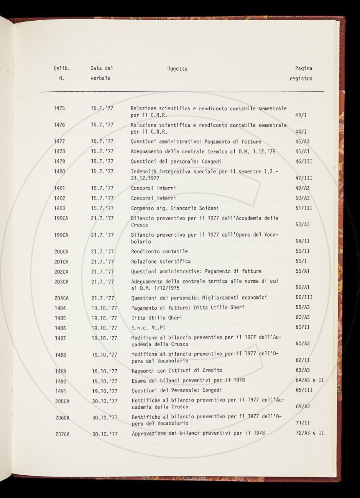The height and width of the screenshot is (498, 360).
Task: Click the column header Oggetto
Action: point(177,69)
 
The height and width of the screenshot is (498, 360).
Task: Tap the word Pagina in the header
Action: point(303,69)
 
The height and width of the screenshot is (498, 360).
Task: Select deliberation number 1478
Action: point(59,152)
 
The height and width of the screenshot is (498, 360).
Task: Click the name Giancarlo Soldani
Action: point(191,208)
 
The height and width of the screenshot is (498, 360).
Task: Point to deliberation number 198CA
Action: point(61,218)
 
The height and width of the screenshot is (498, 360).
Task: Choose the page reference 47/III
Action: point(304,178)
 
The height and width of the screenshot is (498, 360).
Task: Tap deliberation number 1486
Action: point(60,328)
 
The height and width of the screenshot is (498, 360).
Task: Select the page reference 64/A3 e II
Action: point(310,380)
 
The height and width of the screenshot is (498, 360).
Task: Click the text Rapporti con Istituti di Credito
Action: point(177,370)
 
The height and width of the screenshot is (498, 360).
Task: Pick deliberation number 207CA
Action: point(62,434)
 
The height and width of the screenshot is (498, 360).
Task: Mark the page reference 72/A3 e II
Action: point(310,433)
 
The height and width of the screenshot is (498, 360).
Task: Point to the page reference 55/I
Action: point(301,262)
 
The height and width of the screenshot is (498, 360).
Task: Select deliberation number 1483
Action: point(59,208)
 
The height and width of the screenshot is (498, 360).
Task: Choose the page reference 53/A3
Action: point(303,225)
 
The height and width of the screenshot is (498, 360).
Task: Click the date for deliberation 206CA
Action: point(105,418)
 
